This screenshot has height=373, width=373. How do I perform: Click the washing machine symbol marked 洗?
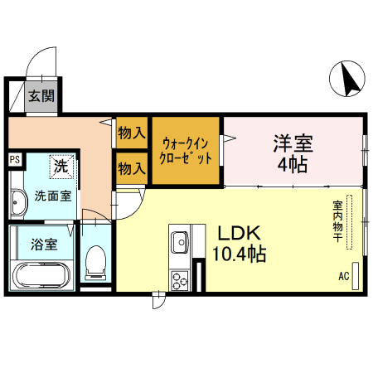61,166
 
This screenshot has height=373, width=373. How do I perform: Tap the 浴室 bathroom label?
44,245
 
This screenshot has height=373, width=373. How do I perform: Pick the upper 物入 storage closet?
132,132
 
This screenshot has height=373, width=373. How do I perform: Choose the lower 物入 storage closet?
132,168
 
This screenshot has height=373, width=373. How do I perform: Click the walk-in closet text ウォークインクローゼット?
186,149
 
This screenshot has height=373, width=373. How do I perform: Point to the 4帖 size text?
293,164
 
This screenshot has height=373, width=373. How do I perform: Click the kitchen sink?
180,242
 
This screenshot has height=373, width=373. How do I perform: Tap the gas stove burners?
179,279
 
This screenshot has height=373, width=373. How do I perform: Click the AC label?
344,276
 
